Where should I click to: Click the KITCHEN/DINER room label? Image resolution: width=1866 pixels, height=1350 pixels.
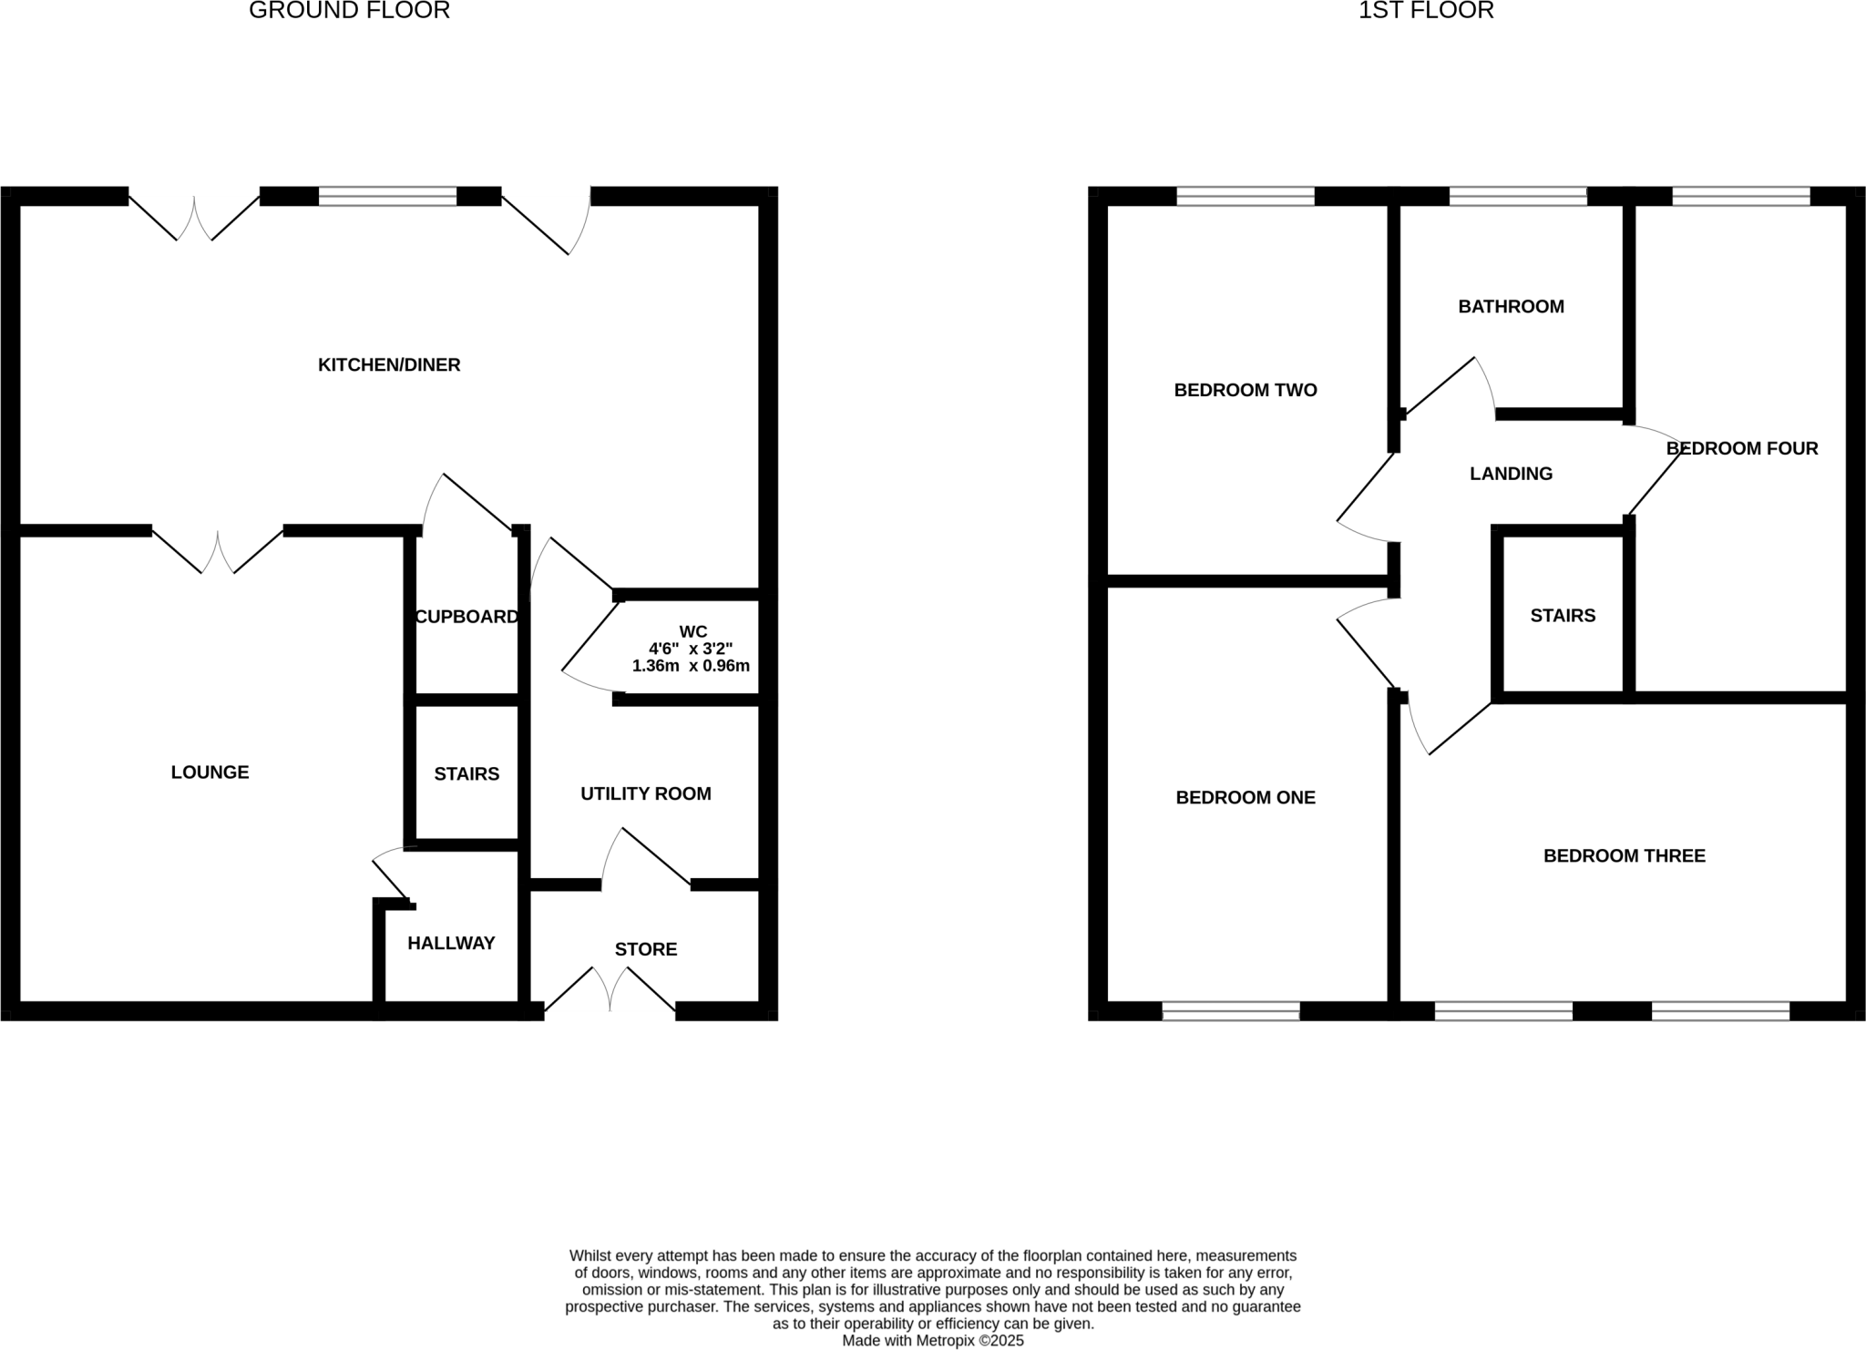[389, 365]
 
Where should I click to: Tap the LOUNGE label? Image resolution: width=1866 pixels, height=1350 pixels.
[210, 772]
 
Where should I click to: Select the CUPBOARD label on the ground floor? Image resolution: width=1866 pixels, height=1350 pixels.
[466, 617]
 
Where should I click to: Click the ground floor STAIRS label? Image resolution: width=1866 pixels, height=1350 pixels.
[466, 774]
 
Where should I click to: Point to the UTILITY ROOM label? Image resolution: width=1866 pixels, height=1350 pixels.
[646, 794]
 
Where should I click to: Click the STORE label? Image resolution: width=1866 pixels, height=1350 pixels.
[646, 949]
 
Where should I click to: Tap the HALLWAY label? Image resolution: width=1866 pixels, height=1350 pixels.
[451, 944]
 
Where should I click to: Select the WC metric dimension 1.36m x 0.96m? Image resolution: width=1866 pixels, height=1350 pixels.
[691, 666]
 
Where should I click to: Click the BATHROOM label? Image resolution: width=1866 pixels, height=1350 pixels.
[1511, 307]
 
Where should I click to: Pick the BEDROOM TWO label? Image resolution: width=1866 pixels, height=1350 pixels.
[1246, 391]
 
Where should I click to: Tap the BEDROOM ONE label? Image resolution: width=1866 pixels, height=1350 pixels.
[1246, 798]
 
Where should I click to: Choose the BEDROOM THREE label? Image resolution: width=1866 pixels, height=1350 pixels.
[1624, 856]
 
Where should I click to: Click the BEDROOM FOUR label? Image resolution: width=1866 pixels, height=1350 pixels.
[1742, 448]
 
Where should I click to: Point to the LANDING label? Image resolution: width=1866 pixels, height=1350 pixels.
[1511, 474]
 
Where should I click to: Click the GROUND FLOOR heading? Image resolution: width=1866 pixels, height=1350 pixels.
[349, 11]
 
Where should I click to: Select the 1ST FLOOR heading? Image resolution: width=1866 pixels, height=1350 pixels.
[1426, 11]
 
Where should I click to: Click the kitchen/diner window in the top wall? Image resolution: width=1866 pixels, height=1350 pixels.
[387, 196]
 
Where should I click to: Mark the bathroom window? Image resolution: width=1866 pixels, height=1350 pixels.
[1518, 196]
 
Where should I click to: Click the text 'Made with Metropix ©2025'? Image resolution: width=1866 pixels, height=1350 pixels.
[933, 1341]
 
